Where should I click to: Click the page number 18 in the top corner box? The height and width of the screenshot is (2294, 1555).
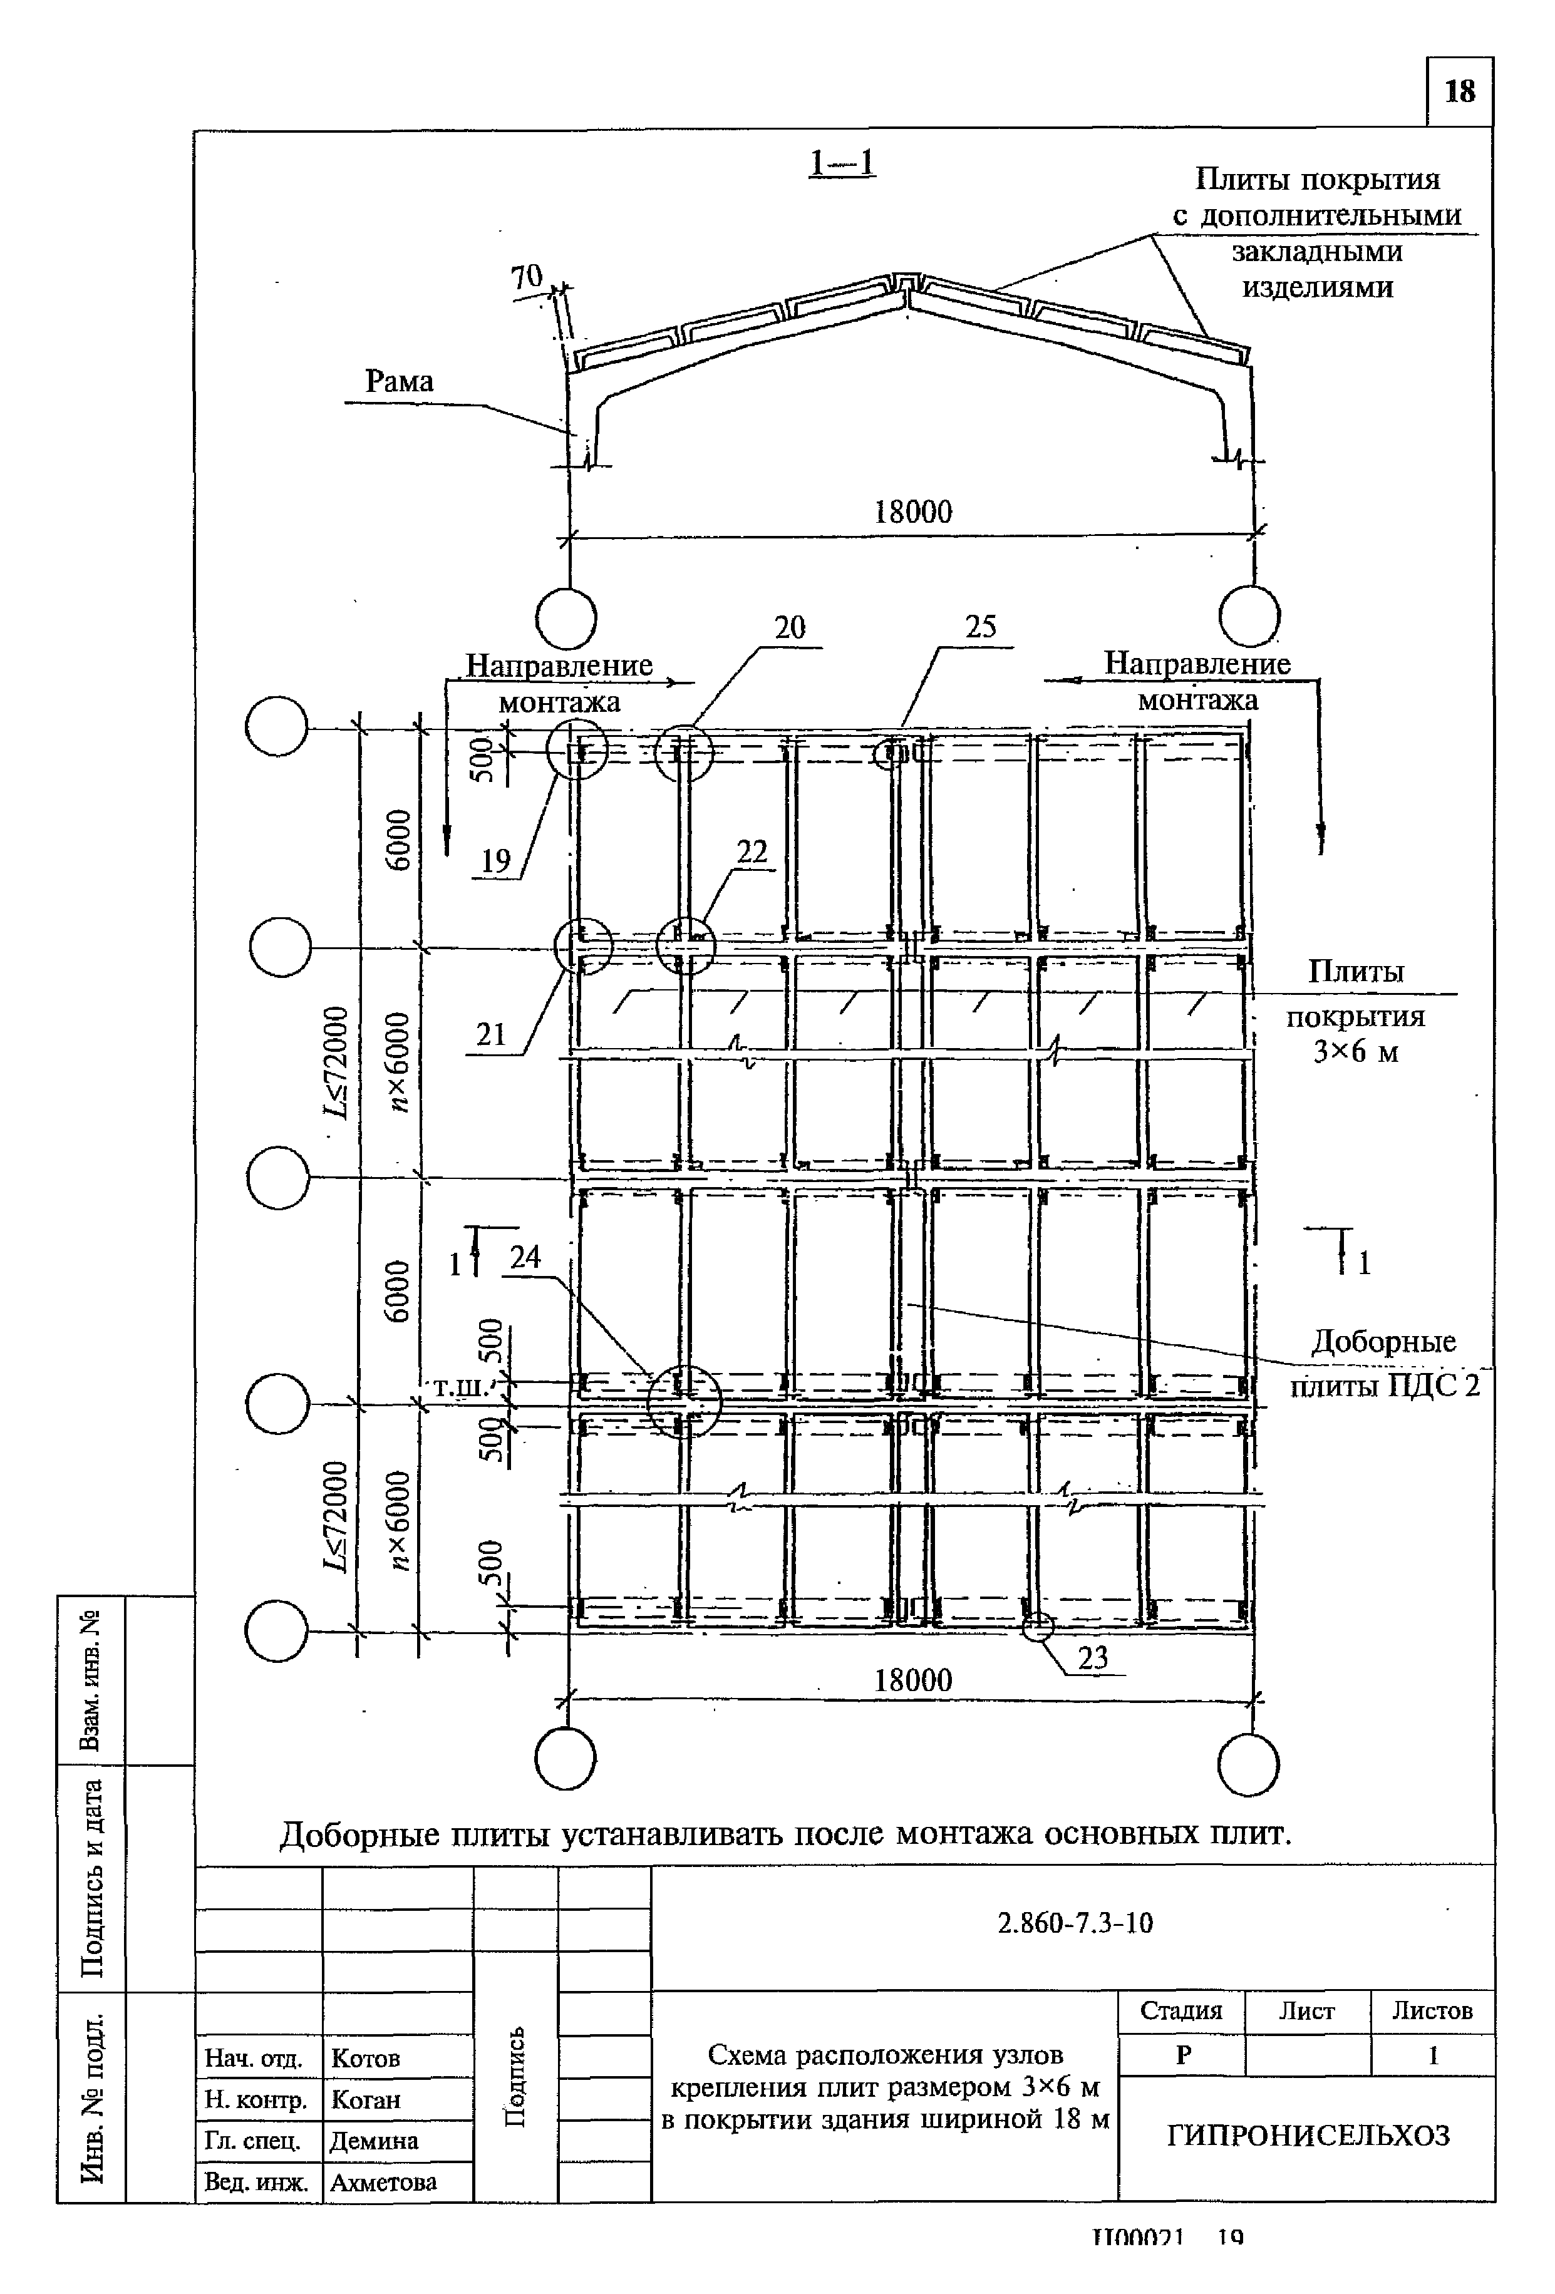pyautogui.click(x=1459, y=92)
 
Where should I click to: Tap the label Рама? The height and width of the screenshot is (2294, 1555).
pyautogui.click(x=399, y=381)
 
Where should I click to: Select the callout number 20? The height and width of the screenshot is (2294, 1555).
pyautogui.click(x=789, y=628)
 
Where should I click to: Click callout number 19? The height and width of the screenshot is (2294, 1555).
pyautogui.click(x=495, y=862)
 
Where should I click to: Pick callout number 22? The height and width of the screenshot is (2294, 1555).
pyautogui.click(x=752, y=852)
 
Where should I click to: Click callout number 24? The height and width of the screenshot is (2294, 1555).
pyautogui.click(x=525, y=1258)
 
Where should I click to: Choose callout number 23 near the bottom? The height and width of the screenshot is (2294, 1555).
pyautogui.click(x=1093, y=1659)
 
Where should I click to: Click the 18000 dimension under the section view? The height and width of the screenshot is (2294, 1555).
pyautogui.click(x=913, y=512)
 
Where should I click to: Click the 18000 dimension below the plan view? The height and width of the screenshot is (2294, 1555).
pyautogui.click(x=913, y=1680)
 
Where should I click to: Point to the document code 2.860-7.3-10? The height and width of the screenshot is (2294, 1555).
pyautogui.click(x=1074, y=1923)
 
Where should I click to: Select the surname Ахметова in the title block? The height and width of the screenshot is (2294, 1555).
pyautogui.click(x=383, y=2183)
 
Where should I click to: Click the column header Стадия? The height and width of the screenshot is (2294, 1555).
pyautogui.click(x=1181, y=2011)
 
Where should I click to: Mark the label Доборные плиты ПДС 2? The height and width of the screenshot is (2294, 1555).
pyautogui.click(x=1383, y=1364)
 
